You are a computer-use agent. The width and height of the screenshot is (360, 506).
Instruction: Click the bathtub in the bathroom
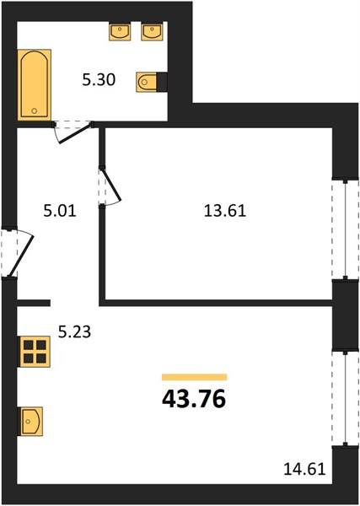coord(35,84)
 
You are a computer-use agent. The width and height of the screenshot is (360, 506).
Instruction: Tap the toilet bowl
coord(146,82)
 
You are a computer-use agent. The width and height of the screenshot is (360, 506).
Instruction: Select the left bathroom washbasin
coord(120,31)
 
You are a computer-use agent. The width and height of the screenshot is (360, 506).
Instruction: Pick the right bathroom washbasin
coord(152,31)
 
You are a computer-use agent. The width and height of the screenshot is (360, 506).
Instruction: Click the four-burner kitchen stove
coord(35,352)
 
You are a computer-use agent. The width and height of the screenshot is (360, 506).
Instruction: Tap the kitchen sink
coord(30,421)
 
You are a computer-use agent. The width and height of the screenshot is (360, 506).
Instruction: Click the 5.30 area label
coord(99,80)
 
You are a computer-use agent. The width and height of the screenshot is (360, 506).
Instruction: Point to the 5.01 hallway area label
coord(60,212)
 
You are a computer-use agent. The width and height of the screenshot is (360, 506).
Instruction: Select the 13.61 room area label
coord(225,212)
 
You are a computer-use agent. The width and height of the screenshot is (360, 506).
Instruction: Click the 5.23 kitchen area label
coord(74,331)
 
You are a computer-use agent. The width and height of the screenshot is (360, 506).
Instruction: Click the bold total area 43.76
coord(194,400)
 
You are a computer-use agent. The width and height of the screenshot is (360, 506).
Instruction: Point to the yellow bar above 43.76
coord(195,377)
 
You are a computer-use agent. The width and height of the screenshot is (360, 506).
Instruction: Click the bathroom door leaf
coord(75,133)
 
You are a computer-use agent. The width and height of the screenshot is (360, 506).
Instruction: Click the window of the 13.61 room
coord(346,229)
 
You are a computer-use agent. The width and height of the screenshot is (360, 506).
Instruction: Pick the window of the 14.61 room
coord(346,398)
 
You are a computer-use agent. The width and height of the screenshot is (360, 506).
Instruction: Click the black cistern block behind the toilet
coord(162,82)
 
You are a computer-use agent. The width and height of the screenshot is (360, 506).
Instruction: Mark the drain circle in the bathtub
coord(35,111)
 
